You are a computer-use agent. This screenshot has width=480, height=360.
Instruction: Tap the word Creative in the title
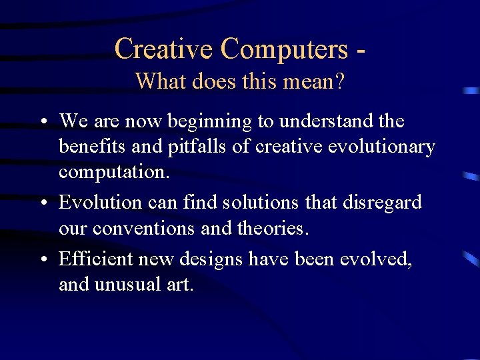(163, 49)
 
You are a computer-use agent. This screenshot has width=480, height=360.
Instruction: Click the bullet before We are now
(42, 122)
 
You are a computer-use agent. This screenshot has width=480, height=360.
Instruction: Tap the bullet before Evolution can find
(42, 203)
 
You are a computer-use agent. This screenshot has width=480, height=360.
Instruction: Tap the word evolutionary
(382, 147)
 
